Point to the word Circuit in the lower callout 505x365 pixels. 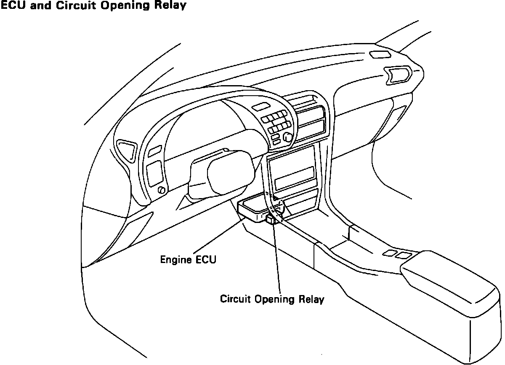point(236,300)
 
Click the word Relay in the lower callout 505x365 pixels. point(311,300)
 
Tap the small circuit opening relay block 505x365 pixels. point(271,219)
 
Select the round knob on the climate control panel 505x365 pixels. point(288,137)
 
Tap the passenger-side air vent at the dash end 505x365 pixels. point(398,75)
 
